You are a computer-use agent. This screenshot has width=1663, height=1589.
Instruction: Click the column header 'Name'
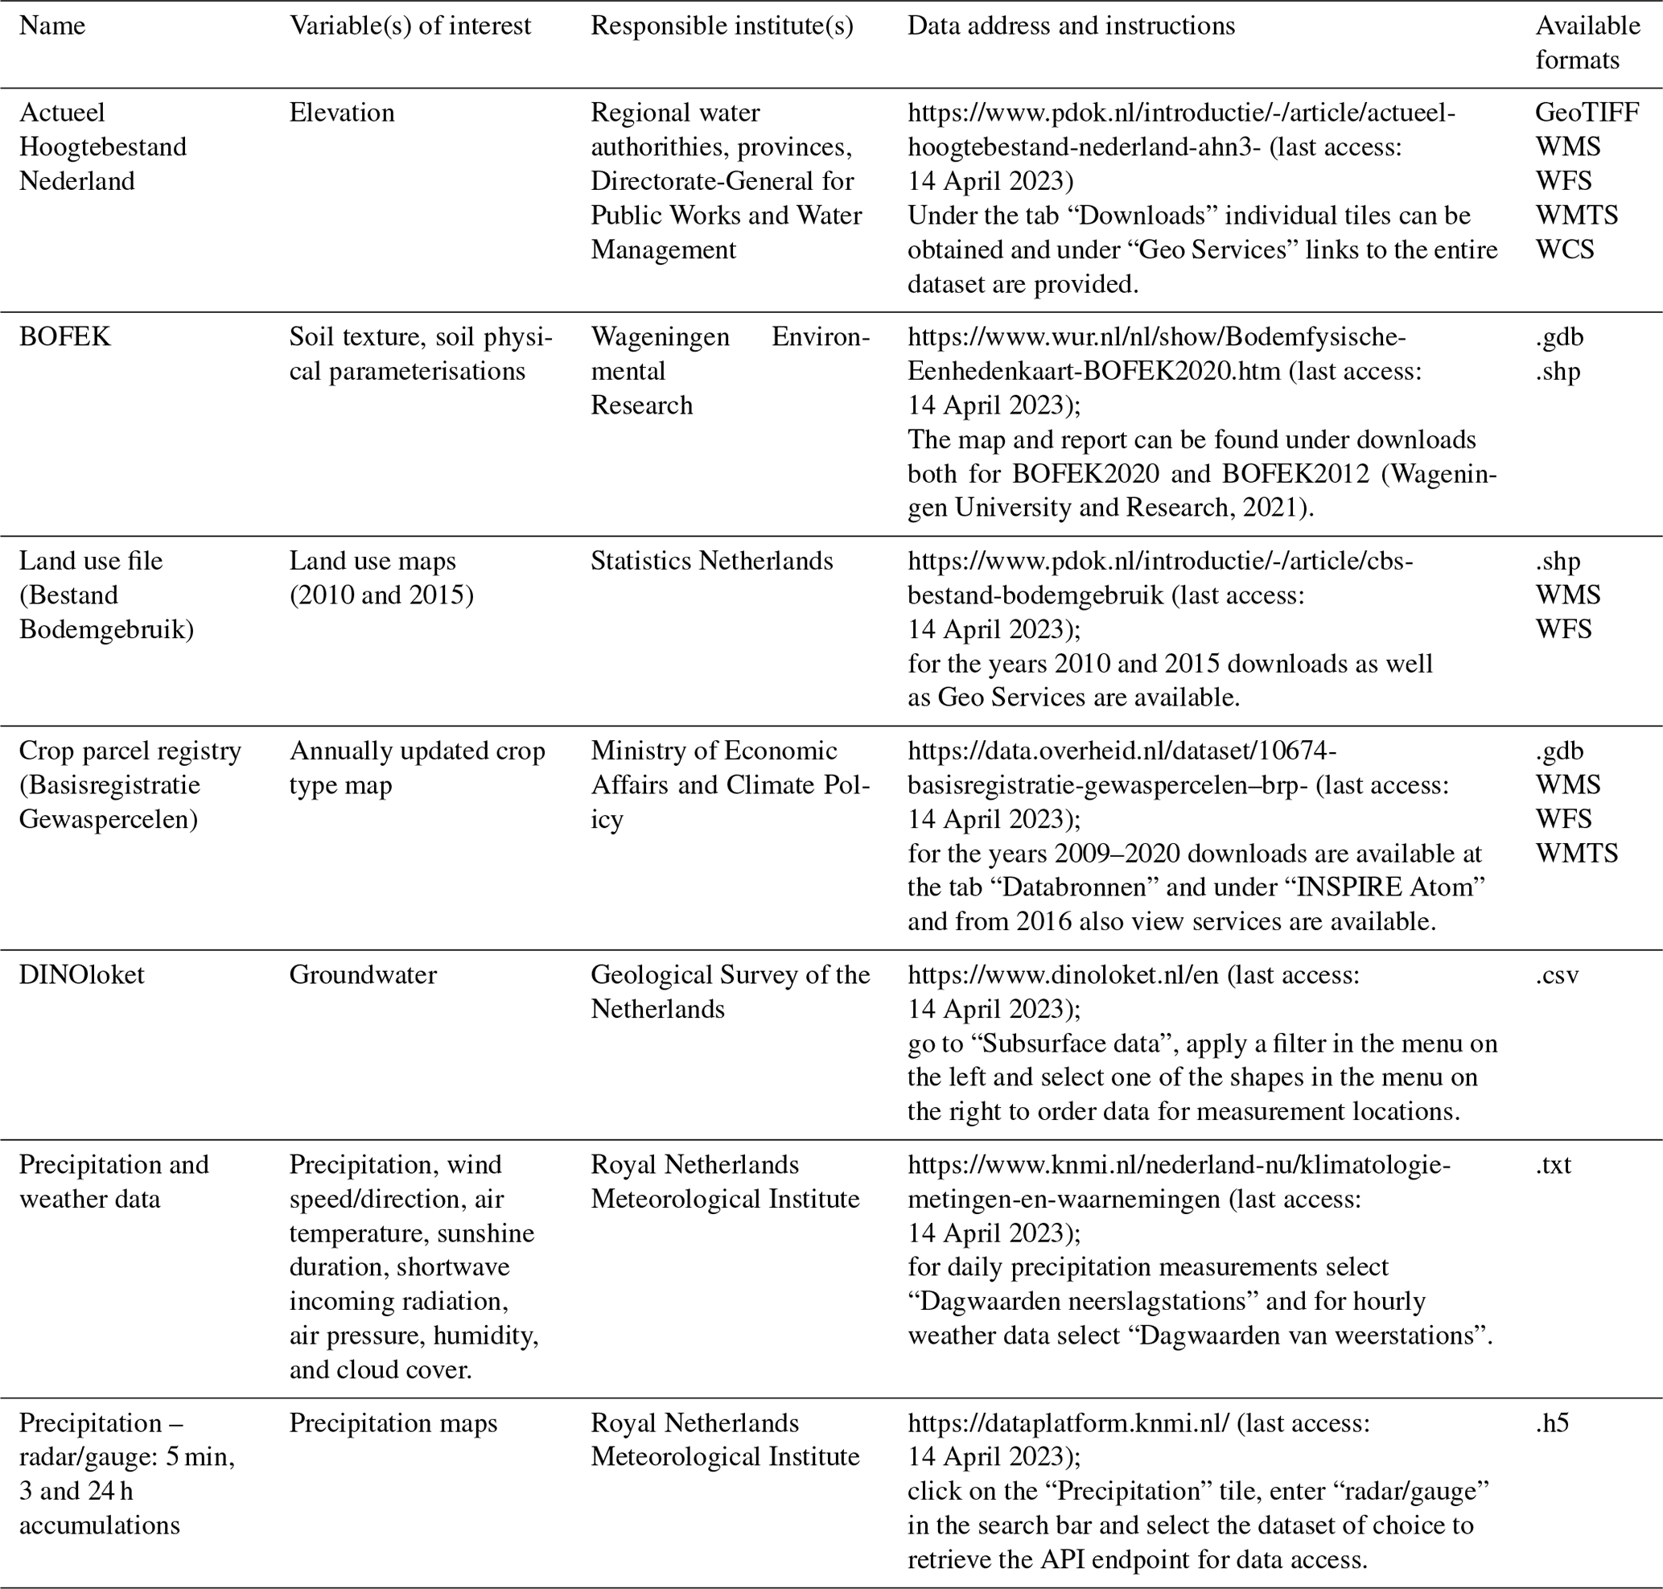(x=51, y=27)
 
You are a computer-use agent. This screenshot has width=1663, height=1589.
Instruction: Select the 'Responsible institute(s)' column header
(x=722, y=27)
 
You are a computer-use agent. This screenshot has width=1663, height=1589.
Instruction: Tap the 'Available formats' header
(x=1587, y=43)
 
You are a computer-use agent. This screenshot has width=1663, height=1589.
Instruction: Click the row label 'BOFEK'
(x=64, y=337)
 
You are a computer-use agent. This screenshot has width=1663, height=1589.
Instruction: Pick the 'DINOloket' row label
(x=81, y=975)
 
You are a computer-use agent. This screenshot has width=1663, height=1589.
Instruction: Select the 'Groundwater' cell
(x=363, y=975)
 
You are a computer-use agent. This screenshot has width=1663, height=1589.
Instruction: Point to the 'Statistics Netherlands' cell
(x=712, y=561)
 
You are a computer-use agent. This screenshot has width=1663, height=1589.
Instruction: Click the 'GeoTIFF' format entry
(x=1587, y=113)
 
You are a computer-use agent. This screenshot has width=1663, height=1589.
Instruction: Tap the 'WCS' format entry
(x=1565, y=250)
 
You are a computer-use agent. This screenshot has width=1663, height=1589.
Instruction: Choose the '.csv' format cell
(x=1557, y=975)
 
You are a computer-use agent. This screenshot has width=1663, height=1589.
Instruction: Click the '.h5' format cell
(x=1552, y=1423)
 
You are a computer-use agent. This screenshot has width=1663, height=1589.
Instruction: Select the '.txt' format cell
(x=1553, y=1165)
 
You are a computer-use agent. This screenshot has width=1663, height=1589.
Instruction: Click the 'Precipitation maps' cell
(x=393, y=1423)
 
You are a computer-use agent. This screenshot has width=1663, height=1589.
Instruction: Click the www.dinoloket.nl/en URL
(x=1062, y=975)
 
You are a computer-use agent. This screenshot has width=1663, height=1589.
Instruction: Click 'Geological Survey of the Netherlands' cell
(x=730, y=992)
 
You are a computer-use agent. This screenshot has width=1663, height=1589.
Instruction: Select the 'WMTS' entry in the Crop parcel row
(x=1576, y=853)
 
